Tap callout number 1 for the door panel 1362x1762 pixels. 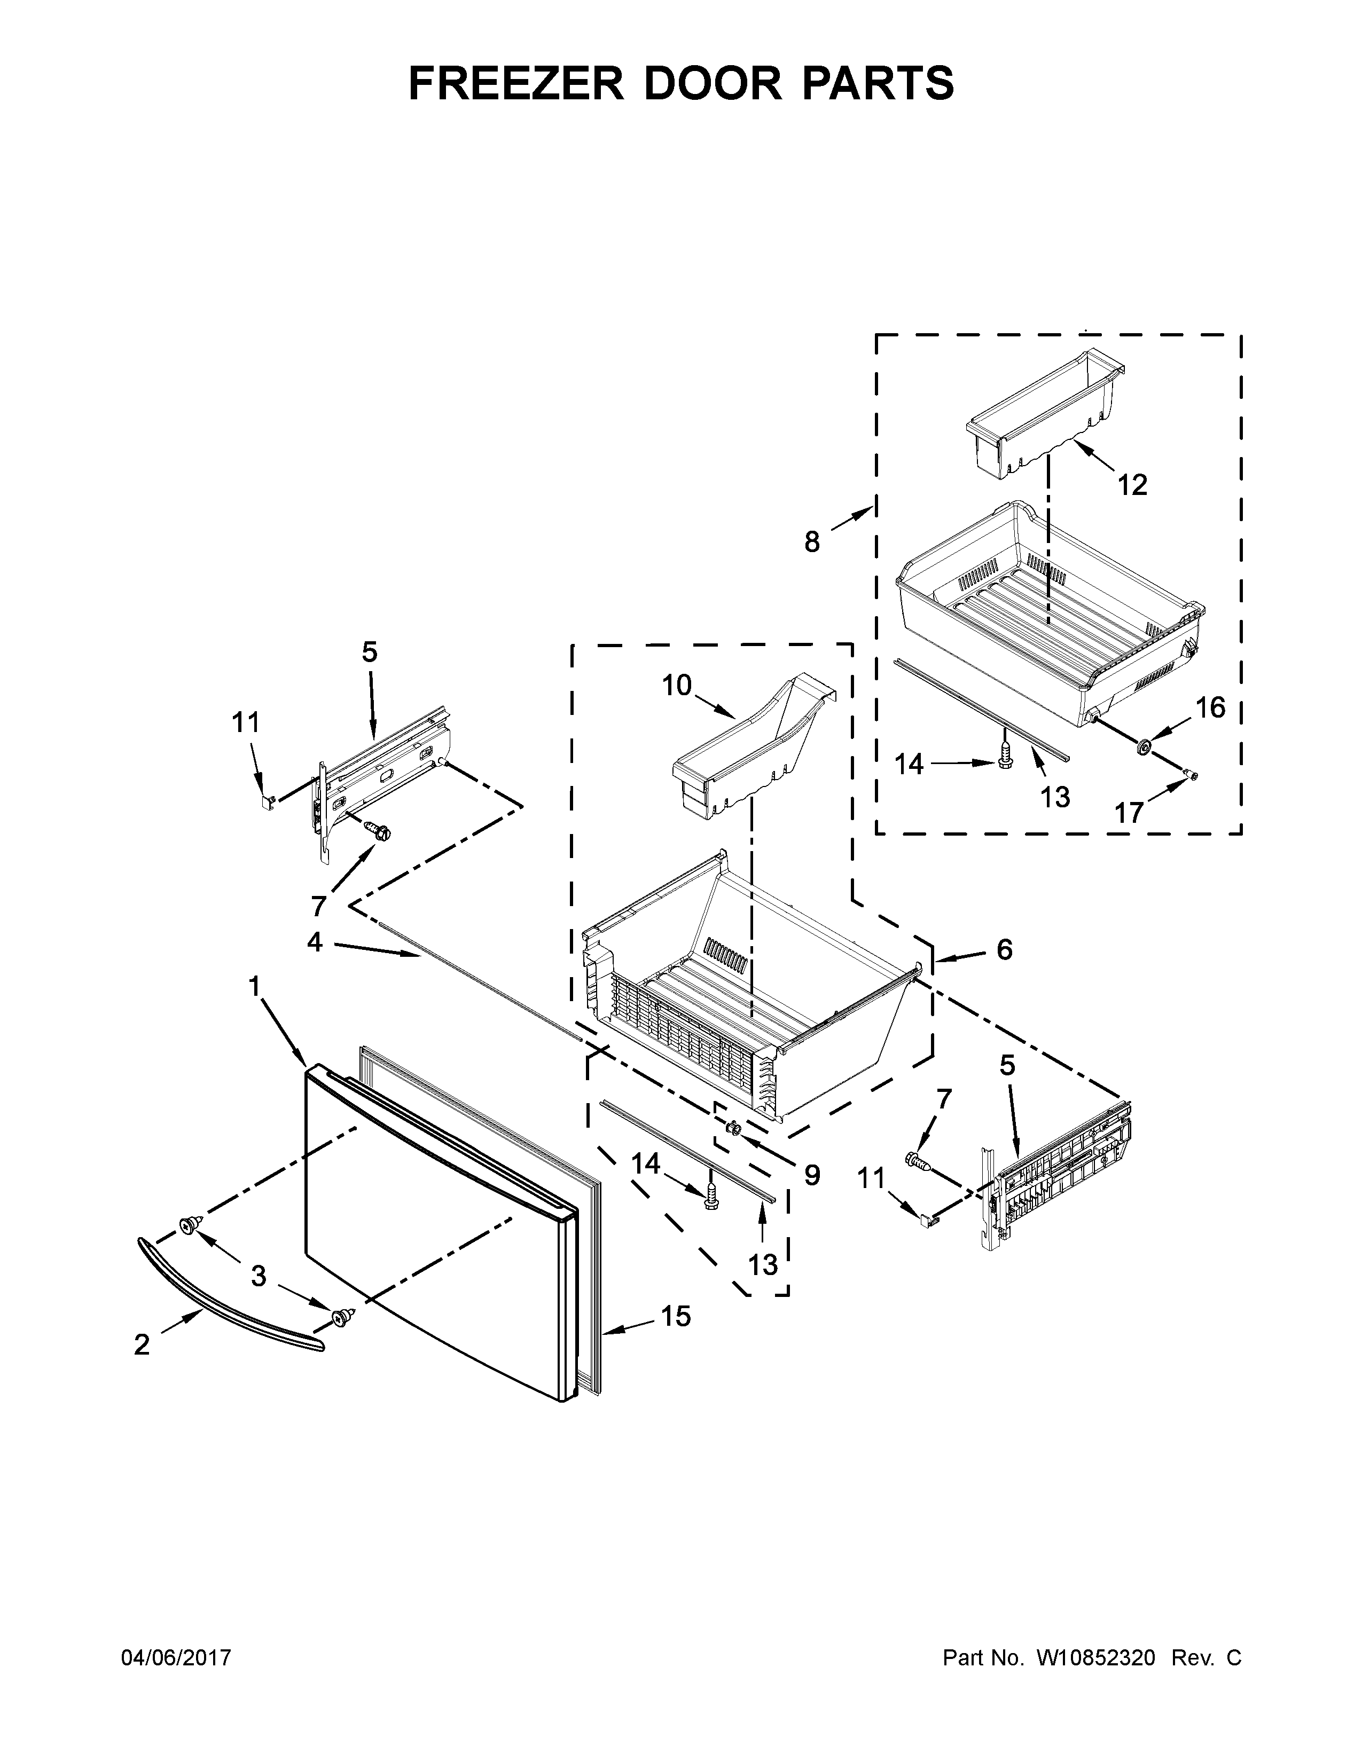(254, 986)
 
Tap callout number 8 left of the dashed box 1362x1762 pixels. (812, 541)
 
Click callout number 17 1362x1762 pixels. (1130, 812)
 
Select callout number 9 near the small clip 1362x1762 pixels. (812, 1175)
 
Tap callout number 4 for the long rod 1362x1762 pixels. (315, 941)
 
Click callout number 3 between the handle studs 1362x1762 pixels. (258, 1276)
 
